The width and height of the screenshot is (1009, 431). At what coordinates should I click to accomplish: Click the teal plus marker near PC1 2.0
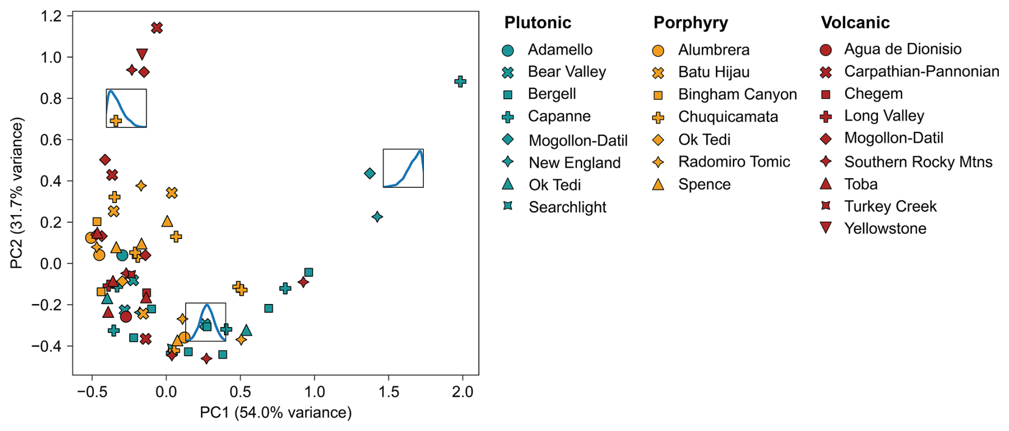pyautogui.click(x=460, y=82)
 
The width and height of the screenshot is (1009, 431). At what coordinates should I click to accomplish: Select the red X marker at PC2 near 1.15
pyautogui.click(x=156, y=28)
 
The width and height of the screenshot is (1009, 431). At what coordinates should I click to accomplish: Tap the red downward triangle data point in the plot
pyautogui.click(x=142, y=54)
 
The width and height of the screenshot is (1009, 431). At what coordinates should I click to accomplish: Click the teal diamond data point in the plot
pyautogui.click(x=370, y=173)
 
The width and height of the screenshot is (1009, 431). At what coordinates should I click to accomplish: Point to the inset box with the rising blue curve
pyautogui.click(x=403, y=168)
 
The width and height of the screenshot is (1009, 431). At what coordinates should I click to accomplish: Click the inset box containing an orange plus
pyautogui.click(x=126, y=108)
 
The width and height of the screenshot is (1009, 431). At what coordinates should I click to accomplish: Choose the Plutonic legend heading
pyautogui.click(x=538, y=22)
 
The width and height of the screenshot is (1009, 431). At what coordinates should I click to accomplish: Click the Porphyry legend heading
pyautogui.click(x=691, y=22)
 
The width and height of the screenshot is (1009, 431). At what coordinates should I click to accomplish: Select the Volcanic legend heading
pyautogui.click(x=855, y=22)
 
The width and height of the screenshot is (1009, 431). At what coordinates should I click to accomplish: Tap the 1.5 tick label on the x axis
pyautogui.click(x=389, y=392)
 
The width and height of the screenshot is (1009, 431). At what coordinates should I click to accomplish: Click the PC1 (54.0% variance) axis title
pyautogui.click(x=276, y=412)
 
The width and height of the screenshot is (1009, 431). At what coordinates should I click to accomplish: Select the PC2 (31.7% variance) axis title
pyautogui.click(x=17, y=193)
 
